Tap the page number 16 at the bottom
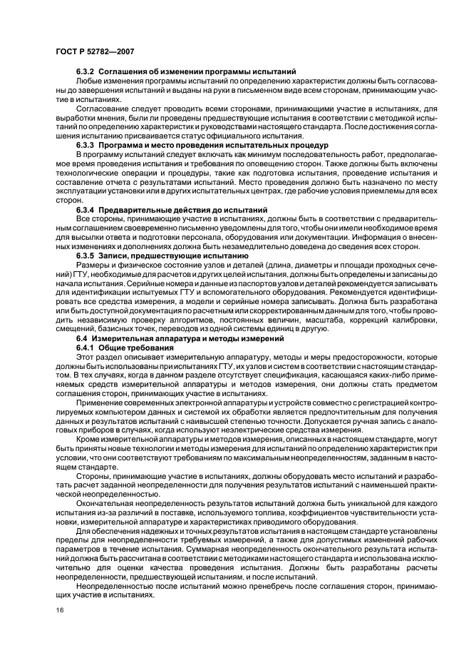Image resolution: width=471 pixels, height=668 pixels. (58, 610)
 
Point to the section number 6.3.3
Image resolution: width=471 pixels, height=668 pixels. (86, 144)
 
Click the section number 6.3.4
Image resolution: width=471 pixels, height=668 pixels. (86, 209)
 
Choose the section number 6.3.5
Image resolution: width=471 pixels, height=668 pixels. (86, 255)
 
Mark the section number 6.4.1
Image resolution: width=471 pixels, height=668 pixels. (86, 348)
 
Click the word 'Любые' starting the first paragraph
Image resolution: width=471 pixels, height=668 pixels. (88, 83)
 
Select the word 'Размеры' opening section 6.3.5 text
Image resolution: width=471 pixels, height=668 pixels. (92, 264)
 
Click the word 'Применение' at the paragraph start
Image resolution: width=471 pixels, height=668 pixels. (99, 403)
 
